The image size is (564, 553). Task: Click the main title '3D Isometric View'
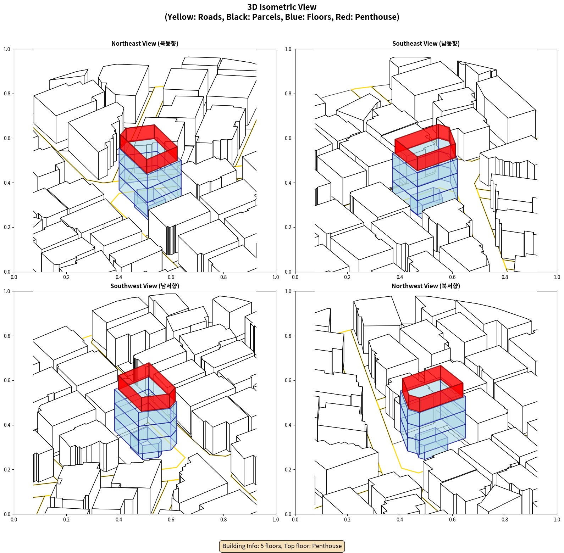pyautogui.click(x=282, y=7)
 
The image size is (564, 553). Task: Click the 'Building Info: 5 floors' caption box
pyautogui.click(x=282, y=546)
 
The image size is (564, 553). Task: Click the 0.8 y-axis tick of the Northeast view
pyautogui.click(x=7, y=94)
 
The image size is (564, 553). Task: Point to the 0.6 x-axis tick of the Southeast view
pyautogui.click(x=452, y=277)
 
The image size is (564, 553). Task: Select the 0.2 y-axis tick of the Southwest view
pyautogui.click(x=7, y=469)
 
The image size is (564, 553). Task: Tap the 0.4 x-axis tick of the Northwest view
pyautogui.click(x=400, y=520)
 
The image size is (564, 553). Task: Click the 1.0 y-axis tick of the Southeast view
pyautogui.click(x=288, y=49)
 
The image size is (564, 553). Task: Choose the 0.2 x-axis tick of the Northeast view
pyautogui.click(x=66, y=277)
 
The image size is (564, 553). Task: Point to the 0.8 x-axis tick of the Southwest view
pyautogui.click(x=223, y=520)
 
